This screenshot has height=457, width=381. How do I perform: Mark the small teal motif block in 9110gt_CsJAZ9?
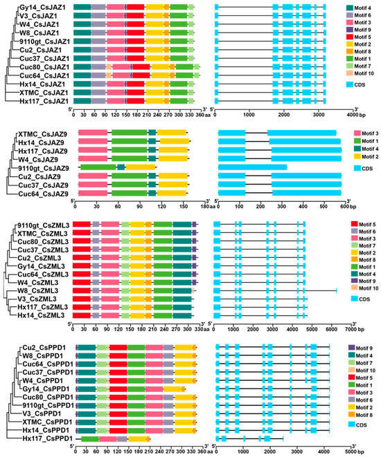pos(121,167)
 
